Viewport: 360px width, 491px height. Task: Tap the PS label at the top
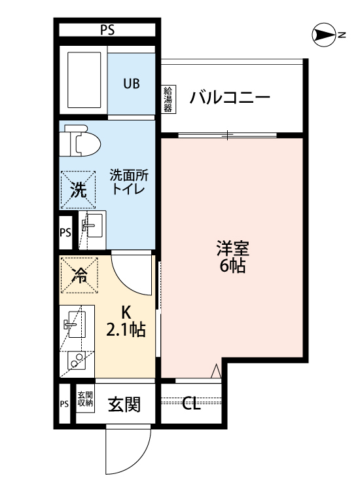coord(108,29)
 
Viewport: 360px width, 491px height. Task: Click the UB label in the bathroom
coord(132,83)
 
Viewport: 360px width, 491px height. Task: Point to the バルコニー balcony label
coord(230,99)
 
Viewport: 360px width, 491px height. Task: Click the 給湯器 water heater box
coord(168,98)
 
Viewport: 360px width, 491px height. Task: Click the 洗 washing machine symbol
coord(77,191)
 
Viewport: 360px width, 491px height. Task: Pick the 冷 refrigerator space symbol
coord(79,274)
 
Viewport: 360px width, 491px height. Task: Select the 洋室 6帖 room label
coord(232,257)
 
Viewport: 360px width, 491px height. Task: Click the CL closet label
coord(191,404)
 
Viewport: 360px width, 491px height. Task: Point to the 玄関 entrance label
coord(124,405)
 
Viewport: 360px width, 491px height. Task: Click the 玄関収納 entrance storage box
coord(85,399)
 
